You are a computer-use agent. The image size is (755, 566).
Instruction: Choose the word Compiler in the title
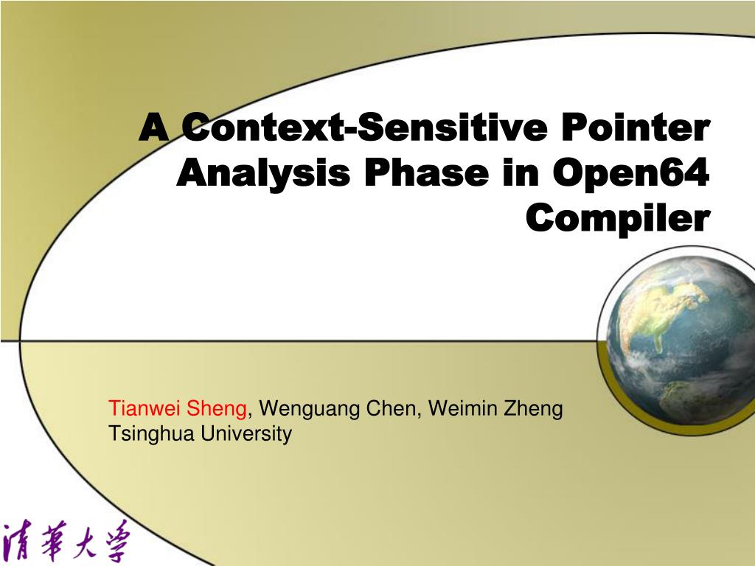click(x=618, y=218)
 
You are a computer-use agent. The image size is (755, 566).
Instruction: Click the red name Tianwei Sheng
click(x=178, y=408)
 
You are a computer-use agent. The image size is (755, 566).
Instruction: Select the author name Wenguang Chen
click(x=338, y=408)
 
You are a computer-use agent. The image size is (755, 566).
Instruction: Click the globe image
click(x=678, y=339)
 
